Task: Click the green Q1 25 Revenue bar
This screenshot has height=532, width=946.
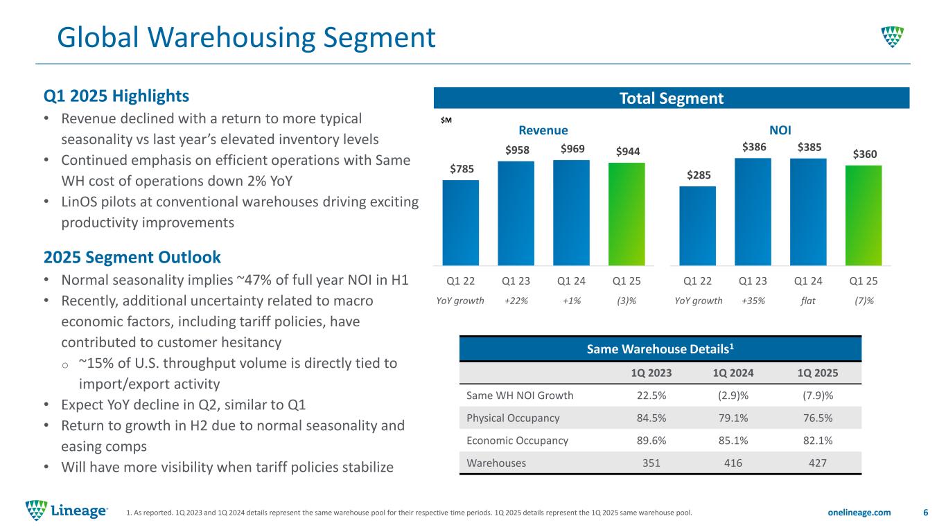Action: (x=627, y=214)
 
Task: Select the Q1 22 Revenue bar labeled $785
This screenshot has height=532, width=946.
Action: (x=461, y=223)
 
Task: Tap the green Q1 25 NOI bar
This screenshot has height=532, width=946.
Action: (x=864, y=215)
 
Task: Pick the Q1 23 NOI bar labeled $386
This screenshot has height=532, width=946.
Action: (x=753, y=212)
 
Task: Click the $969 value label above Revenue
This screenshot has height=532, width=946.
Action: (x=572, y=149)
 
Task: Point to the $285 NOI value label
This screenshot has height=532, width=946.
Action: (x=699, y=175)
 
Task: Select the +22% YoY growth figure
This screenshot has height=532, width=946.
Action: (x=516, y=301)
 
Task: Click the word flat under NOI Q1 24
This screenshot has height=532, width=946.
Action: (x=808, y=301)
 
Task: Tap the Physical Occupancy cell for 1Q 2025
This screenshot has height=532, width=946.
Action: (x=818, y=418)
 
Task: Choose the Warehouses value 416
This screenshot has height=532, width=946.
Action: (x=733, y=463)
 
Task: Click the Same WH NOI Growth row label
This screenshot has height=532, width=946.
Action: (x=520, y=396)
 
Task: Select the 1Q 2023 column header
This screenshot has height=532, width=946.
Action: (x=651, y=373)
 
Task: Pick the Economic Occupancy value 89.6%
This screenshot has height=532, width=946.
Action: (x=651, y=441)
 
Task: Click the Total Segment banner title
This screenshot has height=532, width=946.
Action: (x=671, y=98)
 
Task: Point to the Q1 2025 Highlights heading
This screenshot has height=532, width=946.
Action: (x=116, y=96)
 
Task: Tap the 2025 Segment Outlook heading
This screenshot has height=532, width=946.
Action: (x=132, y=257)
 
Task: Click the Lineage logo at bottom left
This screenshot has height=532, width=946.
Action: (x=67, y=511)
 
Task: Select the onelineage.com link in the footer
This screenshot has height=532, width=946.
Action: (x=859, y=513)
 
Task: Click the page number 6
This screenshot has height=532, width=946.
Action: (x=925, y=513)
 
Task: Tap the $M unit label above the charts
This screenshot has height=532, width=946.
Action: (x=446, y=121)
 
